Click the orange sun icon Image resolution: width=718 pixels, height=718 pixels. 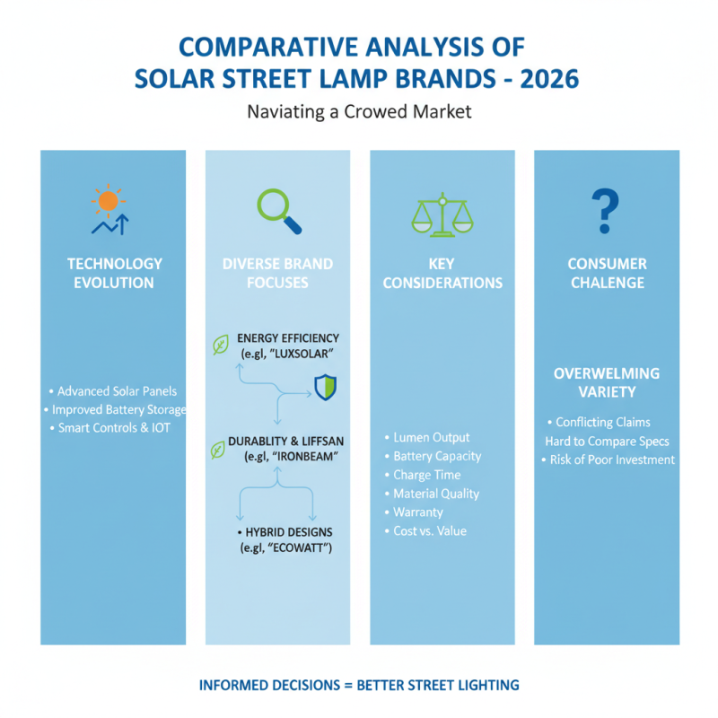[x=109, y=201]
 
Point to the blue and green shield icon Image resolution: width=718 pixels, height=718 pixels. [x=324, y=387]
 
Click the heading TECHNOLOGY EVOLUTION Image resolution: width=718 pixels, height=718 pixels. [x=115, y=273]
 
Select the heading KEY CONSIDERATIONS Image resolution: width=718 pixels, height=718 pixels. [x=442, y=273]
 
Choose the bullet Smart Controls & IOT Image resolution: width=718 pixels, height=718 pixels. [x=114, y=427]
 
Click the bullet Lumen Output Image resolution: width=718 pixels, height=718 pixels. [x=432, y=437]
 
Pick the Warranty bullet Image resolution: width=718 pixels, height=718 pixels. [x=418, y=512]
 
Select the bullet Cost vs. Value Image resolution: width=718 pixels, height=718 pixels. [x=430, y=530]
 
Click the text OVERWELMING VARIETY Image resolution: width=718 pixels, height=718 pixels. [x=607, y=383]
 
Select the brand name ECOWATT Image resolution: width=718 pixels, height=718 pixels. [x=301, y=547]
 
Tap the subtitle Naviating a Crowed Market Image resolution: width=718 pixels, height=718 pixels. [x=358, y=112]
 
